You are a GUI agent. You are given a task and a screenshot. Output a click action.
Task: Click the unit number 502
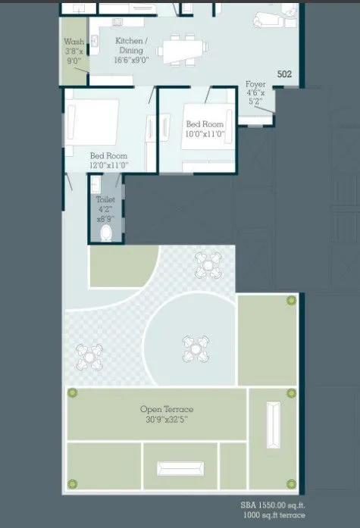coord(284,74)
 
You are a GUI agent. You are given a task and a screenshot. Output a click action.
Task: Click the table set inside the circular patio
coord(193,348)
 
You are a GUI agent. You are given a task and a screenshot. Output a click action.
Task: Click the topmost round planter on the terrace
coord(290,301)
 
